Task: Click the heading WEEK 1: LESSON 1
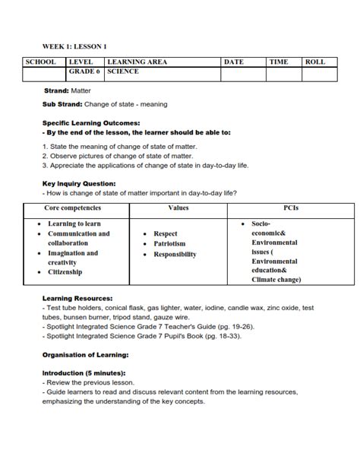[74, 46]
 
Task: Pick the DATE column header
[234, 62]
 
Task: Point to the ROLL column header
[314, 62]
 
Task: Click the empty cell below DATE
[242, 74]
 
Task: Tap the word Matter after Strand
[81, 90]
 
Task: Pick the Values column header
[178, 208]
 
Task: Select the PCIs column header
[291, 208]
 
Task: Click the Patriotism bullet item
[171, 244]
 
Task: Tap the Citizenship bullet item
[65, 272]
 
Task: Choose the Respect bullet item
[166, 234]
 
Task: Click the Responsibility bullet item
[175, 255]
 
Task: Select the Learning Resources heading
[77, 299]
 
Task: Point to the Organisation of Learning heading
[85, 354]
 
